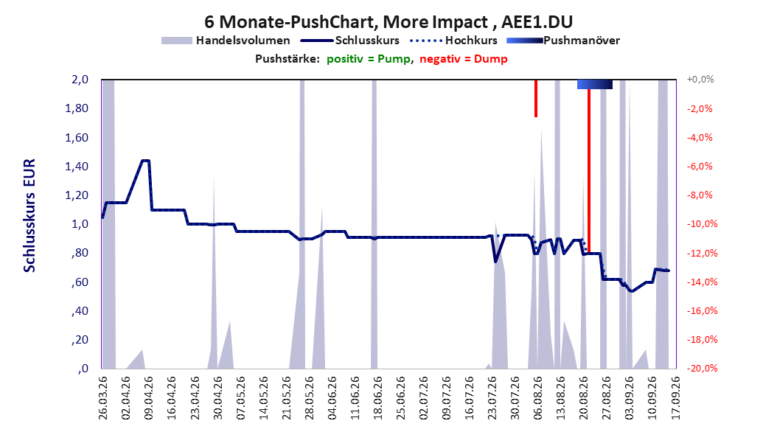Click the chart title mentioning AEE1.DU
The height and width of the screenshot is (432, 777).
point(388,22)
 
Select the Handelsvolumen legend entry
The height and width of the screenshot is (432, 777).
point(226,41)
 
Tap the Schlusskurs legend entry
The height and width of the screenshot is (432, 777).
point(350,41)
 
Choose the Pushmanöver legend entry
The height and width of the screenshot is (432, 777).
point(563,41)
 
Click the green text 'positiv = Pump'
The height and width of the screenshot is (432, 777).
point(369,59)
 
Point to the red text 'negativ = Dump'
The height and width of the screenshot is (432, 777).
point(464,59)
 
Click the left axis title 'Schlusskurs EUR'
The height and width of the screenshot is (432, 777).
point(29,215)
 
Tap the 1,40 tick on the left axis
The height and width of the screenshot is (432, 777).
point(77,167)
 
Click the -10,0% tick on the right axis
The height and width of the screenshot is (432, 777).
point(702,224)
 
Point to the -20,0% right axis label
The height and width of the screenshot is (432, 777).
point(702,368)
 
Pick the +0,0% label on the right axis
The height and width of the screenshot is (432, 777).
point(700,80)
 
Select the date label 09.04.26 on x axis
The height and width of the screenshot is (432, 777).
point(148,398)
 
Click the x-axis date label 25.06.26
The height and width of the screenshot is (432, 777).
point(400,398)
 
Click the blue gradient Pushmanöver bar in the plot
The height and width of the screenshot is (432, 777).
point(595,85)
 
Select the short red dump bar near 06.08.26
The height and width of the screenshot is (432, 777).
point(536,98)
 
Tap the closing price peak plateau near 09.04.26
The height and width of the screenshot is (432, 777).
point(146,161)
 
